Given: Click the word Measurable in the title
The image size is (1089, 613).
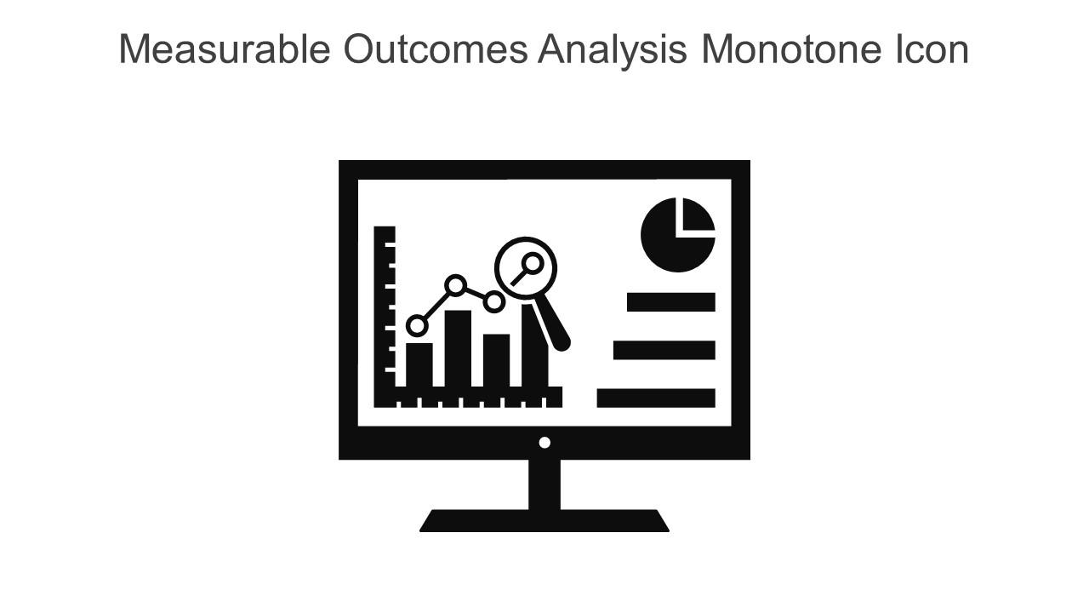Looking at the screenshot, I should [224, 49].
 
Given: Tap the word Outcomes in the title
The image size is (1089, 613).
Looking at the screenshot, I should [435, 49].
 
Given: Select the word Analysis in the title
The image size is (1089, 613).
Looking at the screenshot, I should [612, 49].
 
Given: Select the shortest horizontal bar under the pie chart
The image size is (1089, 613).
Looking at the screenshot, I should [670, 302].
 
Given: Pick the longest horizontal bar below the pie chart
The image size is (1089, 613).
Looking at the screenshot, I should [655, 398].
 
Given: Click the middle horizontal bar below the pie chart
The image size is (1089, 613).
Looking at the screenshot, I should [664, 350].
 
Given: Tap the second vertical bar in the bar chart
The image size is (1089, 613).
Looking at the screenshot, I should [458, 349].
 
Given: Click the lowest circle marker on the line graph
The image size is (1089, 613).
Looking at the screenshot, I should [417, 325].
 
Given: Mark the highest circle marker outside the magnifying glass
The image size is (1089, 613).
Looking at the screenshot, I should [456, 285].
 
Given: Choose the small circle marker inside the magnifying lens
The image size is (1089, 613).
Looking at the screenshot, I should [533, 262].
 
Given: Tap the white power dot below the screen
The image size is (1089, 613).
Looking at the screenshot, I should [544, 443].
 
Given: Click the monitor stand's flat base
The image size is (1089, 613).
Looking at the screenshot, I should [544, 521].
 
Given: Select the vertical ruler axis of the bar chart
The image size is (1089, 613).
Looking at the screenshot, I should [385, 315].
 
